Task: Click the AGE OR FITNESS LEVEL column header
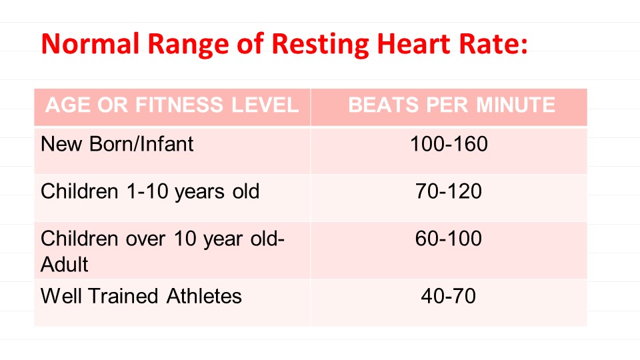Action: point(172,105)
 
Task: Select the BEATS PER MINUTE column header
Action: point(451,105)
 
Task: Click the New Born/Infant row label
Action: point(117,143)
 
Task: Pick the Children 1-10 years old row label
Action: point(150,192)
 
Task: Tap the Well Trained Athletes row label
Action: point(141,296)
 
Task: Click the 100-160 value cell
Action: point(449,143)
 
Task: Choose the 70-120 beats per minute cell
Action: point(449,192)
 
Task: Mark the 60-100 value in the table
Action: point(449,239)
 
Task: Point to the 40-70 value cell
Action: point(449,296)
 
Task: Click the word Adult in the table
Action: point(65,264)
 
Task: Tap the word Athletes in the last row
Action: point(201,296)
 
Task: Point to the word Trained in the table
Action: point(122,296)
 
